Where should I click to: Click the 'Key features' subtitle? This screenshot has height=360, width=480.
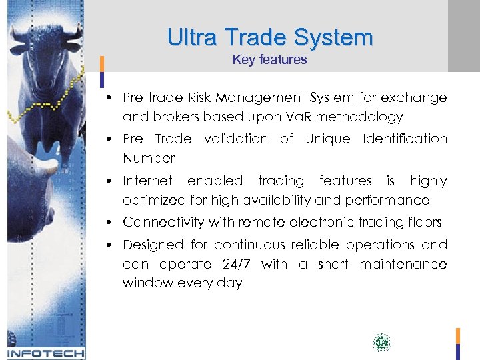coord(270,59)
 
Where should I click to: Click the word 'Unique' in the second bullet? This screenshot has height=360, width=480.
coord(327,139)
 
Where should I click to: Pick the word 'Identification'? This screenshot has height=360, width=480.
coord(405,139)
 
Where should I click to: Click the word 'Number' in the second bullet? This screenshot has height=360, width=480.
coord(149,158)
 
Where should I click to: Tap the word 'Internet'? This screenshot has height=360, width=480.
coord(147,181)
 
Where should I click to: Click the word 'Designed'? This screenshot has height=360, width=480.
coord(153,245)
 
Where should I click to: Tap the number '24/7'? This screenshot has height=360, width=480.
coord(235,264)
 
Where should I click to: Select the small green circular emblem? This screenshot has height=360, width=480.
coord(381,343)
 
